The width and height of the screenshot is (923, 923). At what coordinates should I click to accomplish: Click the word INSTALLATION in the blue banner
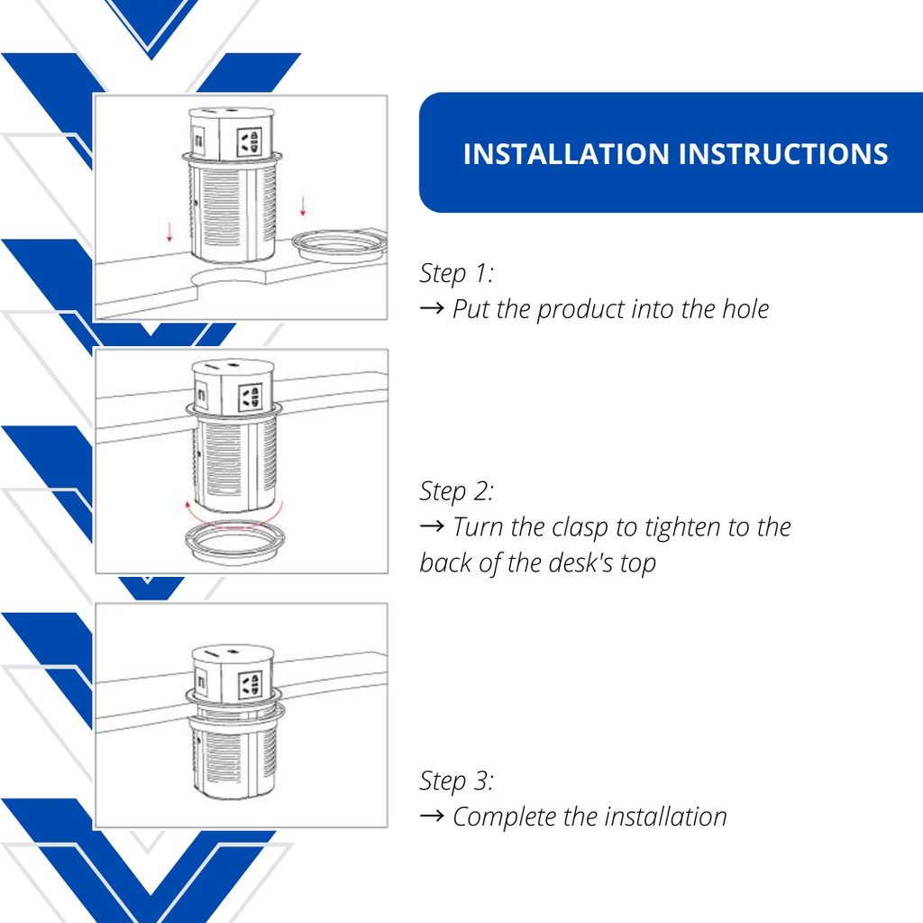tap(566, 154)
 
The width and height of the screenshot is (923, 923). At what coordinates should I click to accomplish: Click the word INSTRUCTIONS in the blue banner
tap(783, 154)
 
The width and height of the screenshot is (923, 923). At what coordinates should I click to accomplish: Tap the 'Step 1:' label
tap(457, 273)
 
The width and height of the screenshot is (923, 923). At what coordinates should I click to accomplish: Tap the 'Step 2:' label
tap(457, 491)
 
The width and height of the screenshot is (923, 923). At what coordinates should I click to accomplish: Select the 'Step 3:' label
tap(457, 781)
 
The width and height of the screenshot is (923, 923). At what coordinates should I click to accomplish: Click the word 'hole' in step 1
tap(745, 309)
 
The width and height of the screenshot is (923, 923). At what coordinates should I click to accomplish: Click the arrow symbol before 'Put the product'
tap(432, 308)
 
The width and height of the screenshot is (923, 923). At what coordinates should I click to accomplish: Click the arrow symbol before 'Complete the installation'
tap(432, 816)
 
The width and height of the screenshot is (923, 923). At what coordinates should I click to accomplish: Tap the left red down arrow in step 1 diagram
tap(169, 232)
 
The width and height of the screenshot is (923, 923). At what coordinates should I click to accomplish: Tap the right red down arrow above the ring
tap(303, 206)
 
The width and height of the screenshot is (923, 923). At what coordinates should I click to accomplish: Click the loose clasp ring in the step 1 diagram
tap(340, 245)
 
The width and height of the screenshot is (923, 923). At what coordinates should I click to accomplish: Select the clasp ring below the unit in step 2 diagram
tap(235, 543)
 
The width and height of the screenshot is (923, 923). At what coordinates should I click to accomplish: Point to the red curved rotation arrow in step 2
tap(234, 516)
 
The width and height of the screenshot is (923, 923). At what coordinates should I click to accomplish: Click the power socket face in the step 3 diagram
tap(250, 686)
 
